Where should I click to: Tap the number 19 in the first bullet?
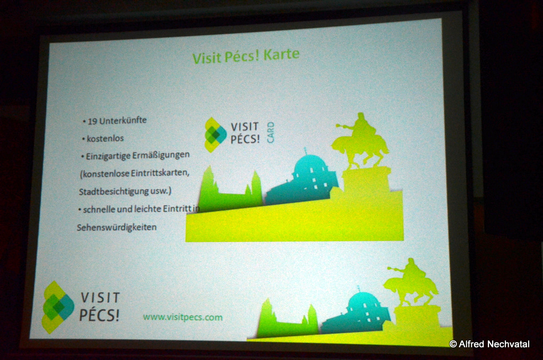point(92,121)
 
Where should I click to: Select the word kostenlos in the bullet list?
point(105,138)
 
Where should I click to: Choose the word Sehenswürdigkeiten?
point(117,227)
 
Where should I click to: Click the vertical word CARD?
point(270,132)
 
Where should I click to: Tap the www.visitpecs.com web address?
point(183,317)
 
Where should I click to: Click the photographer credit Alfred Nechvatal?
point(494,344)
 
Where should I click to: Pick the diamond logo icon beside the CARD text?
point(215,135)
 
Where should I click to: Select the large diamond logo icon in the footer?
point(58,307)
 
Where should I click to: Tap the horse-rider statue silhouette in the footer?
point(411,282)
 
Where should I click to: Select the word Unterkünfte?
point(122,120)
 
